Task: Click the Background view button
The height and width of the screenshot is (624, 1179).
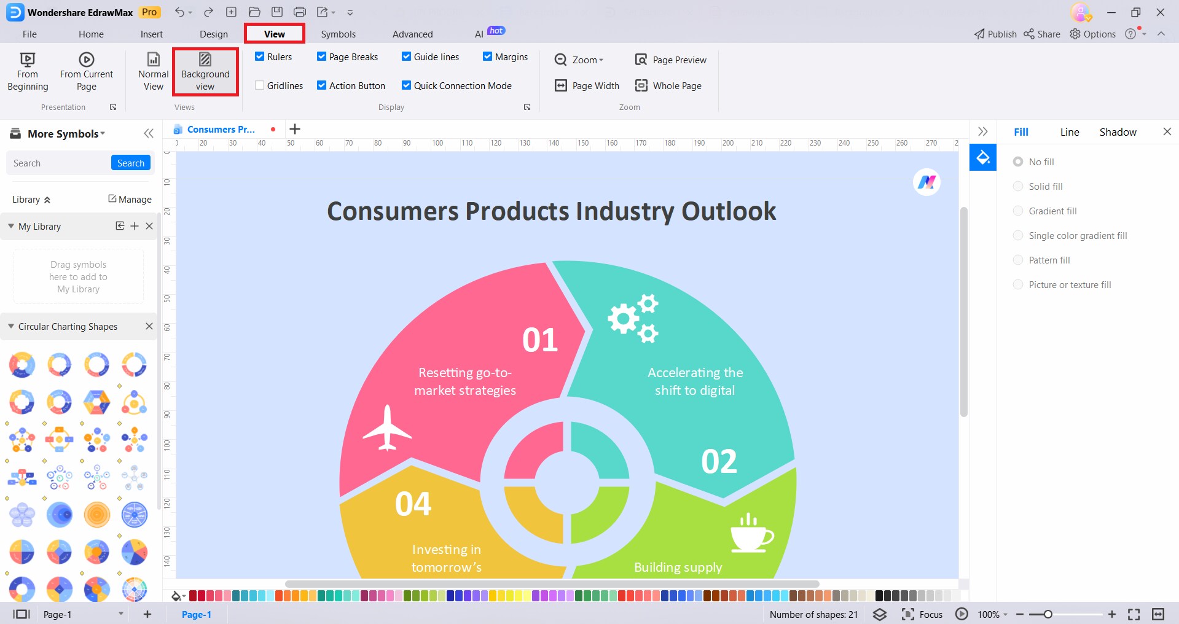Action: click(205, 72)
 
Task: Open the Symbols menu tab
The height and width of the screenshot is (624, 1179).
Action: click(338, 34)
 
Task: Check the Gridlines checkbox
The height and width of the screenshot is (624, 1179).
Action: click(260, 85)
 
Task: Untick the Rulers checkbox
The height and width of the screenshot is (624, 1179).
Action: click(260, 57)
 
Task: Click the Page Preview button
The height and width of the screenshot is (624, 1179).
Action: click(670, 60)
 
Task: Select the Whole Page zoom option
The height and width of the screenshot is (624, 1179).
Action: click(668, 85)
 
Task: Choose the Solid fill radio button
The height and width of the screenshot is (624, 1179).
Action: click(1018, 186)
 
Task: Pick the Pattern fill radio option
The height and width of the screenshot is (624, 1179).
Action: click(1018, 260)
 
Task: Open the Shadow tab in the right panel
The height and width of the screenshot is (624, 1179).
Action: click(1118, 132)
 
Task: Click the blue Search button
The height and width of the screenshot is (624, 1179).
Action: click(131, 163)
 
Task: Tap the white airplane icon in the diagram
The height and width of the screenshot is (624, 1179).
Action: click(387, 428)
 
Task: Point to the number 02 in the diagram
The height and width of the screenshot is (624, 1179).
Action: click(719, 461)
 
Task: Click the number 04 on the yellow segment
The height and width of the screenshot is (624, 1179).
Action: click(413, 504)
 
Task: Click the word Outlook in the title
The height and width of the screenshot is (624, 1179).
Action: click(729, 211)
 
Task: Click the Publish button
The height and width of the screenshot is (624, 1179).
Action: click(995, 34)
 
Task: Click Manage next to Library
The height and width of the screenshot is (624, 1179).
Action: click(130, 199)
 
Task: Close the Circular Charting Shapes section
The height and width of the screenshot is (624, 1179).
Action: click(149, 326)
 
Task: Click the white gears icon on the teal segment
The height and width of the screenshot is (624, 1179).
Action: click(633, 318)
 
